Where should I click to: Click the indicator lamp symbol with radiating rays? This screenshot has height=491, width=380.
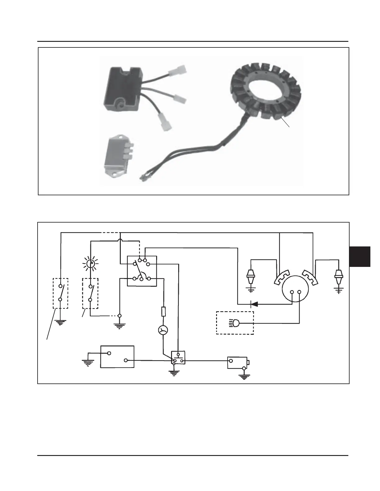[90, 264]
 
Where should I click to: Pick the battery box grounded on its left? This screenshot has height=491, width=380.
[117, 356]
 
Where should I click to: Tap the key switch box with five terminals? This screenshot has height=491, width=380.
[142, 271]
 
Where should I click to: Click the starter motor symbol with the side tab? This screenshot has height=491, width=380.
[237, 362]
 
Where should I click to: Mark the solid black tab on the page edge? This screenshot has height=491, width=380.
[360, 256]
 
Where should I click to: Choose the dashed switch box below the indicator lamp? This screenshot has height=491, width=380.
[90, 293]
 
